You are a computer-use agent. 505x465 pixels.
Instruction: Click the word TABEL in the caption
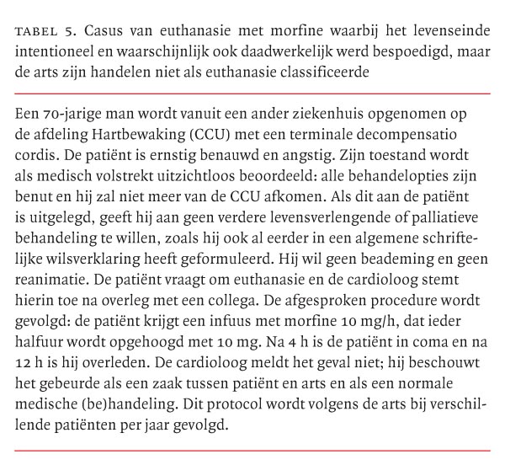pos(35,31)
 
